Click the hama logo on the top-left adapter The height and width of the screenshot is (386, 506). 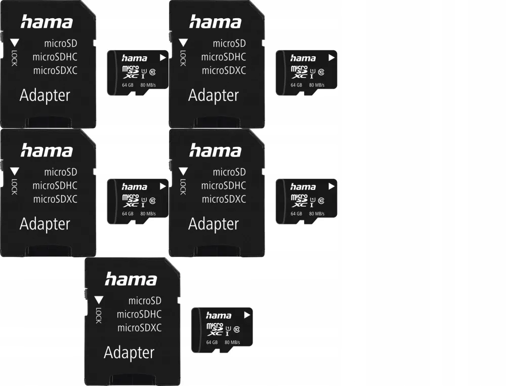(x=47, y=22)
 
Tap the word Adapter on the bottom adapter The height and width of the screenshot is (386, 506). (x=129, y=353)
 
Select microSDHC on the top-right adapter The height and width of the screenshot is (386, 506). (x=224, y=57)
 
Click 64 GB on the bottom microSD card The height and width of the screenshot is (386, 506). (x=212, y=342)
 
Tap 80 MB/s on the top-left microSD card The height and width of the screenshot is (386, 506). (x=148, y=85)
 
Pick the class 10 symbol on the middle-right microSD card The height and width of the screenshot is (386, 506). (x=321, y=200)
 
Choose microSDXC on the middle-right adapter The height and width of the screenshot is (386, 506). (x=224, y=199)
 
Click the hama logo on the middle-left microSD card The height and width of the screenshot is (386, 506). (x=135, y=187)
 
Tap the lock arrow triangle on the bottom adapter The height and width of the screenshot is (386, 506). (x=99, y=299)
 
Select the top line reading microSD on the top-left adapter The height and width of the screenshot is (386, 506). (x=60, y=44)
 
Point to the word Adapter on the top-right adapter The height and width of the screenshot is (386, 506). (x=214, y=95)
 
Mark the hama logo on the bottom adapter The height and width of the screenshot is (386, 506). (x=131, y=279)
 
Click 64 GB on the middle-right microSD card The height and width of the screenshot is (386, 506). (x=296, y=214)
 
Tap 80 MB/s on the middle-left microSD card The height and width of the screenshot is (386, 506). (x=148, y=214)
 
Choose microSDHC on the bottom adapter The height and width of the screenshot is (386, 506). (x=139, y=315)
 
